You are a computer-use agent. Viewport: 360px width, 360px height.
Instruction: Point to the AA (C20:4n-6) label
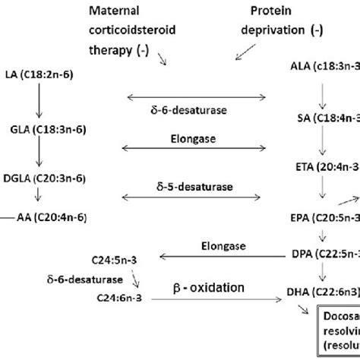pyautogui.click(x=52, y=218)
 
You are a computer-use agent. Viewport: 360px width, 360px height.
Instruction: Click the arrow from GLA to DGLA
pyautogui.click(x=36, y=153)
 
